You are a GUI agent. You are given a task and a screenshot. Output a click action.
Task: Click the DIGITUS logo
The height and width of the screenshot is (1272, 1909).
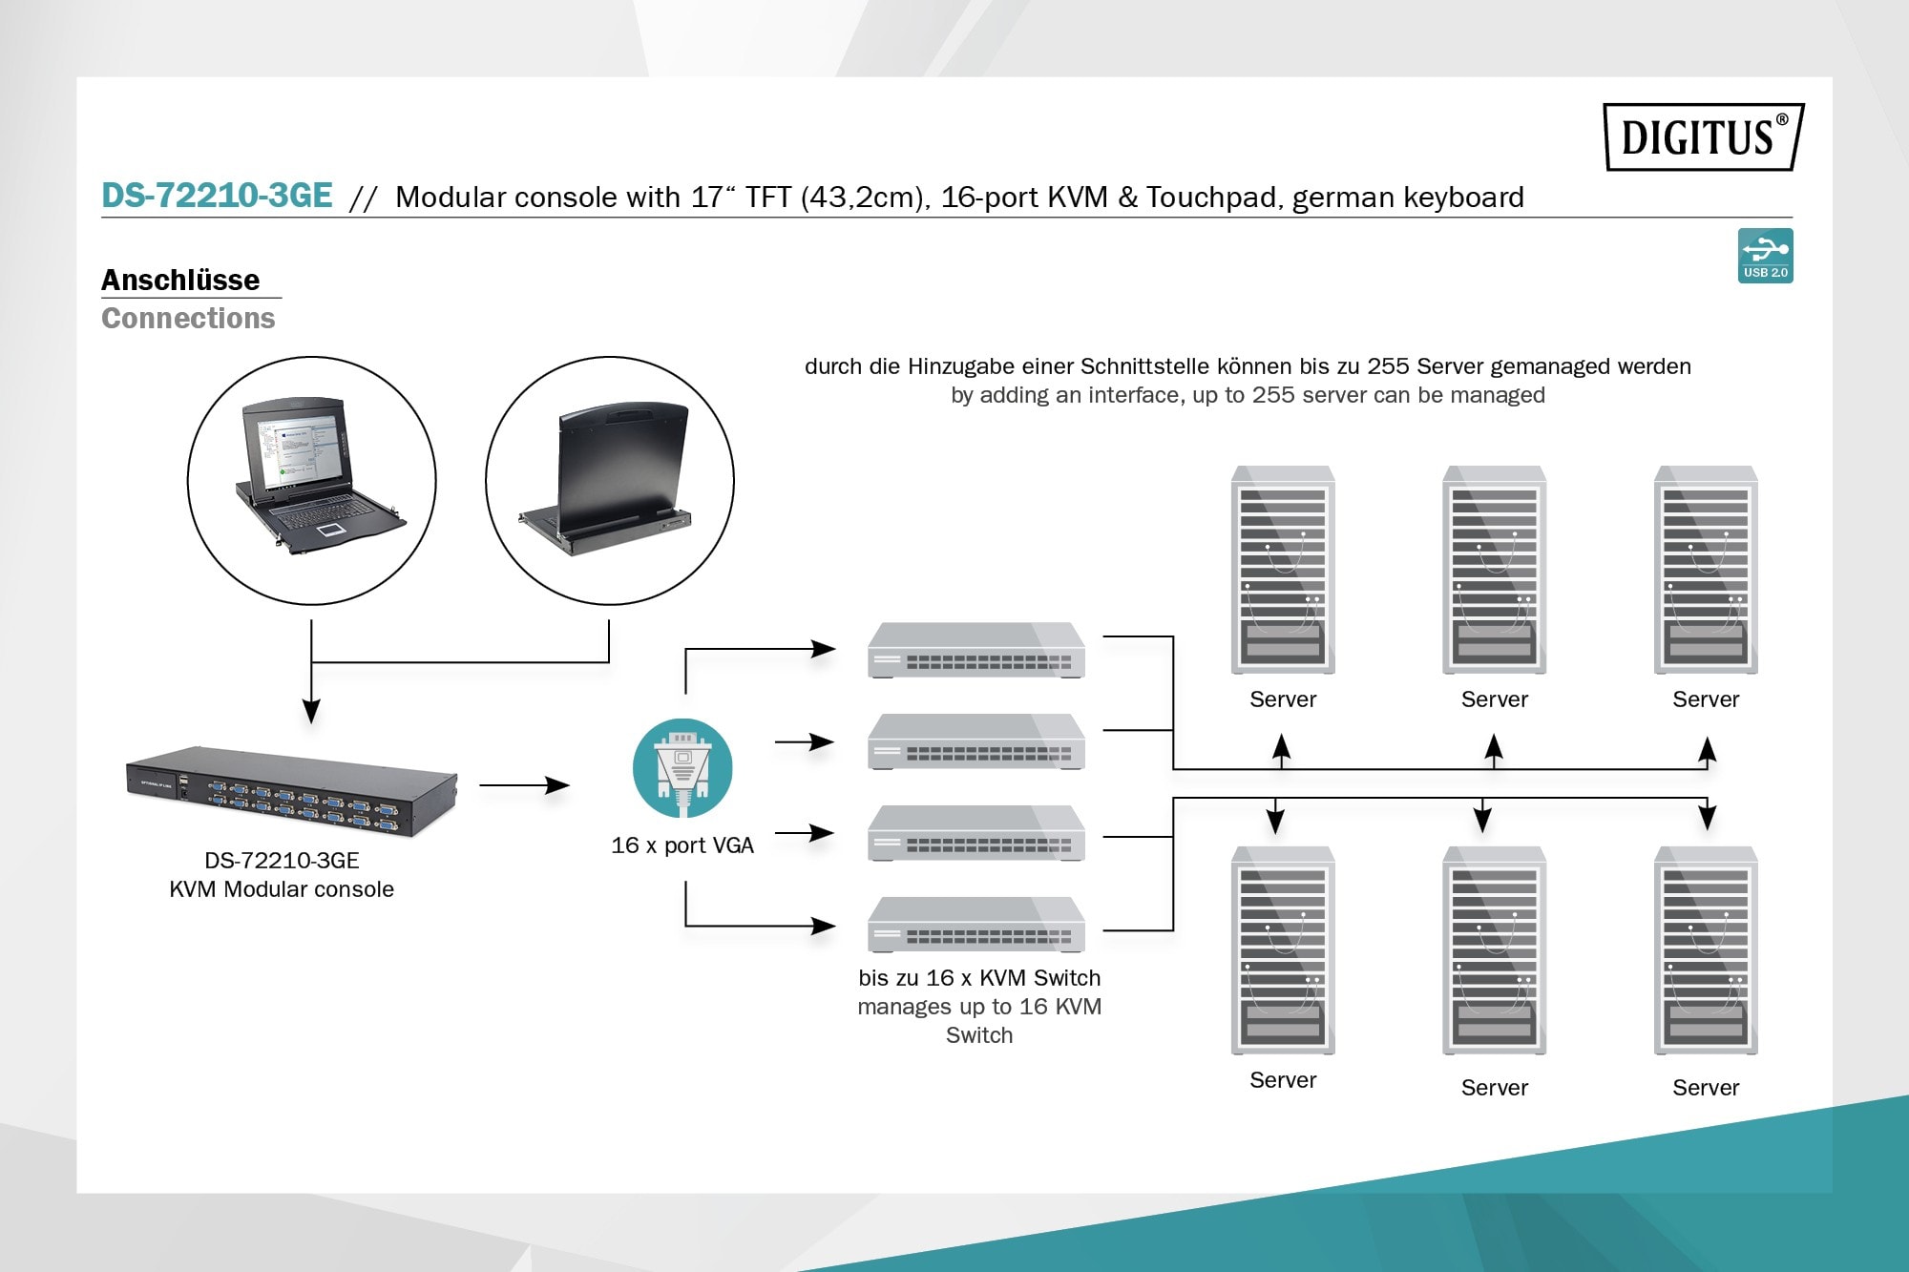point(1703,136)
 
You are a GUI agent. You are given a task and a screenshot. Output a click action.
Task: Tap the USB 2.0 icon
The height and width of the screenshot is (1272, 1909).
point(1765,255)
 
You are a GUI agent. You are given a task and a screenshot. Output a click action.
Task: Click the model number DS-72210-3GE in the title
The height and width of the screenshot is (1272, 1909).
point(217,196)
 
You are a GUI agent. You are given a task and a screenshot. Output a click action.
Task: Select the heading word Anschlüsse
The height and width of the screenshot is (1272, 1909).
point(180,280)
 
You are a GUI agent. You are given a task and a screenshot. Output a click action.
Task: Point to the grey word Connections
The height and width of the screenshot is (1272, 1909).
point(188,318)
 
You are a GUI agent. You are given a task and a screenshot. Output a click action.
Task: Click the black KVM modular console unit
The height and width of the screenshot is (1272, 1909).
point(292,791)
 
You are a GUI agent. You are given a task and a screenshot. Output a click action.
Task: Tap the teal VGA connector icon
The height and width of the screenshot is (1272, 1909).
point(682,768)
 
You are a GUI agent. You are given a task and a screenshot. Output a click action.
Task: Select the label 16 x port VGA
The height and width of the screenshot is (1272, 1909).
point(682,845)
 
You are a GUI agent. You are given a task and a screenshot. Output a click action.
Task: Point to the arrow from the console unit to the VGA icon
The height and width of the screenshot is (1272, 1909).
point(524,785)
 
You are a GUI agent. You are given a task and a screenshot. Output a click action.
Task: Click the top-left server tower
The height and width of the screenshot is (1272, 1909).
point(1283,570)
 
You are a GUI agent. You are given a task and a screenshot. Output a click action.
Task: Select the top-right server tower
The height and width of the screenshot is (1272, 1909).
point(1706,570)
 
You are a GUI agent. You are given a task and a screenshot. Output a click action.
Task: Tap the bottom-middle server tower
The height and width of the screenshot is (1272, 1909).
point(1494,950)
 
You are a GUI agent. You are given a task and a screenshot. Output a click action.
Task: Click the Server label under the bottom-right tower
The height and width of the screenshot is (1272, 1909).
point(1706,1088)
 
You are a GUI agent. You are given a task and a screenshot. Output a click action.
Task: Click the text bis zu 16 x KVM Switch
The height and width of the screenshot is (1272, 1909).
point(979,978)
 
